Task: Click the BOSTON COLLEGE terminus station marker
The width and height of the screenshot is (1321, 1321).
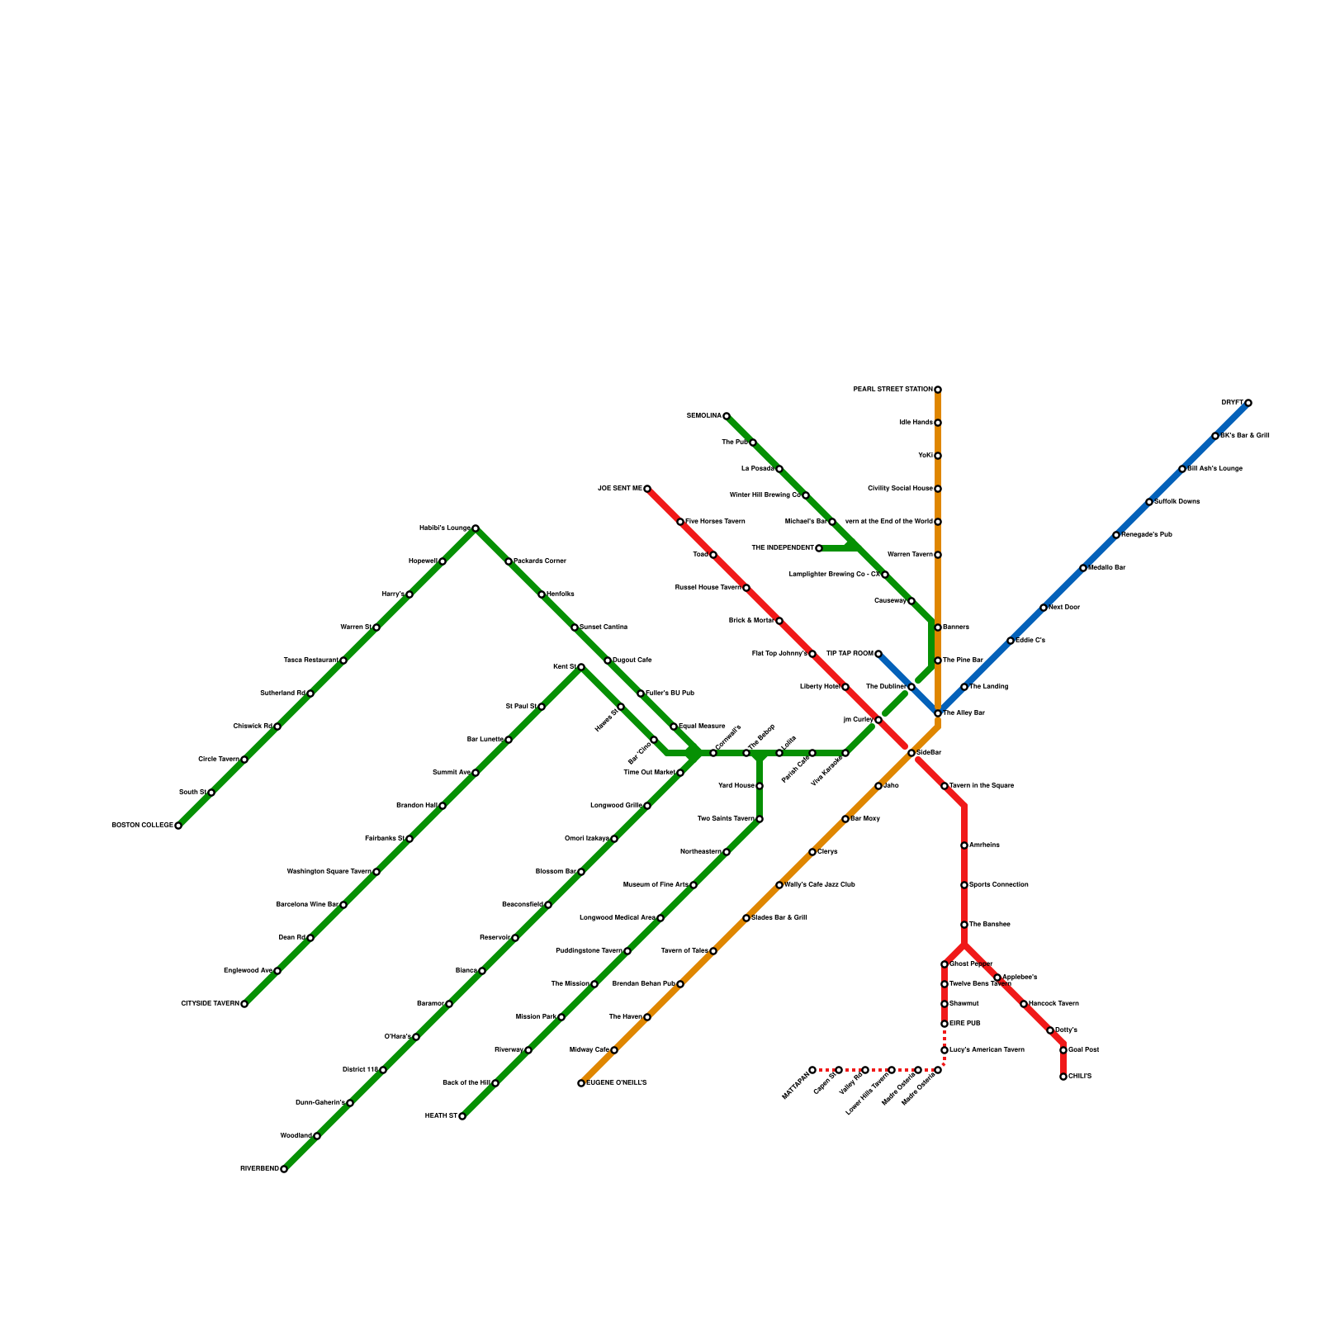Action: click(178, 826)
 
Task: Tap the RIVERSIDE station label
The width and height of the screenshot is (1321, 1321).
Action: click(259, 1169)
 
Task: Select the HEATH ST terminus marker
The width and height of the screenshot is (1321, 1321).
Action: click(462, 1116)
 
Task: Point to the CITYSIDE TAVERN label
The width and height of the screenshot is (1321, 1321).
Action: click(210, 1004)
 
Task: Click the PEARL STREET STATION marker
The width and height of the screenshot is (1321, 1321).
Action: click(938, 390)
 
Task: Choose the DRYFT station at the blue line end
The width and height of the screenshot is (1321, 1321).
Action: click(1248, 403)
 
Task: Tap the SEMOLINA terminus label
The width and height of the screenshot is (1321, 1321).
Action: click(703, 416)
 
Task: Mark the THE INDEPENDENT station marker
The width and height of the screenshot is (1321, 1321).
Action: click(819, 548)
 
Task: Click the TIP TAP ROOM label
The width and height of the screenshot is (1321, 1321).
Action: click(849, 654)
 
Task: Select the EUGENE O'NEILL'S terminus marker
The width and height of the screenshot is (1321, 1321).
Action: click(581, 1083)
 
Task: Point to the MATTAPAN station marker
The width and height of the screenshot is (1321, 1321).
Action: click(812, 1070)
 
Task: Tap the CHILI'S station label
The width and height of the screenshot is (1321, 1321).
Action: click(1080, 1077)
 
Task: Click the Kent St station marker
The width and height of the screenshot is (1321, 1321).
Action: click(581, 667)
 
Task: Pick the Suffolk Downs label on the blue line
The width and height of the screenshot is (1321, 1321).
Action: click(1177, 502)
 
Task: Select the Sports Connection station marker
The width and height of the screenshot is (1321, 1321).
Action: click(964, 885)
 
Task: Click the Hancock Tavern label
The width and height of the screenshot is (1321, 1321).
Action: click(1054, 1004)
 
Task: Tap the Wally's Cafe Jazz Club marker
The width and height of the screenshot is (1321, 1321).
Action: click(779, 885)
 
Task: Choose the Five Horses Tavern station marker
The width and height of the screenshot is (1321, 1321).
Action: click(680, 522)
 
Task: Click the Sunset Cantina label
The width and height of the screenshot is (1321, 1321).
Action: click(604, 627)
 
